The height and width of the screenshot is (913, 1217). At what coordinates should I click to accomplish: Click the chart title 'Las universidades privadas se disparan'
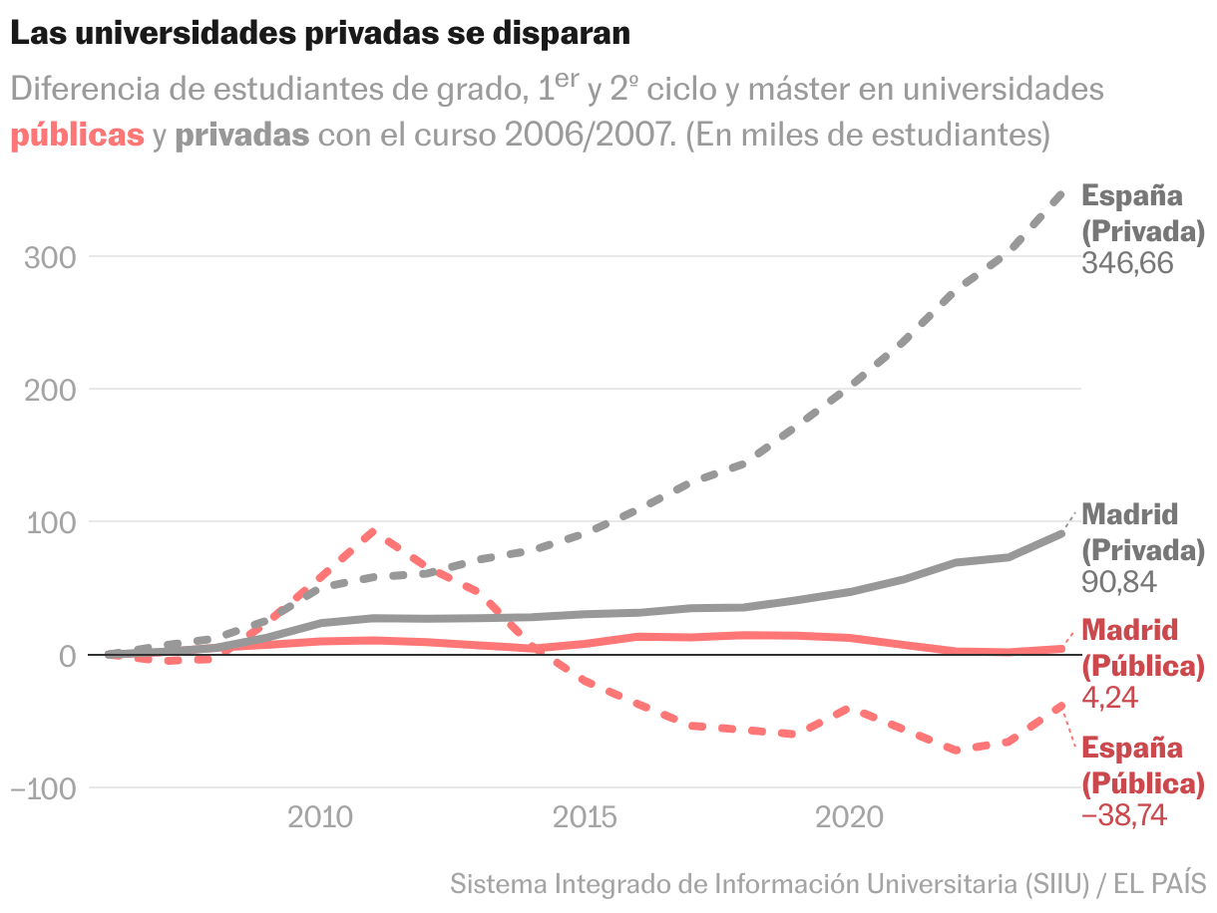[320, 33]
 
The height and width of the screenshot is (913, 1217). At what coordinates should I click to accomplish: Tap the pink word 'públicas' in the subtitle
[78, 136]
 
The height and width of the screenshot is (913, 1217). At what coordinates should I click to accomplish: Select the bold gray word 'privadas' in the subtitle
[241, 136]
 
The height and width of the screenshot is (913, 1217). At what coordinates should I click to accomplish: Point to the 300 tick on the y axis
[50, 257]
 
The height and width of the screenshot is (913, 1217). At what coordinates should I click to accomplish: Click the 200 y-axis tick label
[50, 390]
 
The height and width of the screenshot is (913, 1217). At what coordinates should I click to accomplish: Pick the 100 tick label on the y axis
[50, 522]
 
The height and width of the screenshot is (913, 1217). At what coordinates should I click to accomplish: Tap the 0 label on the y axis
[68, 655]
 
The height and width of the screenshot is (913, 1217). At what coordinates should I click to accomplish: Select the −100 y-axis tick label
[43, 787]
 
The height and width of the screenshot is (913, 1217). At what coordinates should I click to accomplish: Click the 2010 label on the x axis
[319, 818]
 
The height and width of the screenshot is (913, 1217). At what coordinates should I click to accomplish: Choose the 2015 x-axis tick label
[584, 818]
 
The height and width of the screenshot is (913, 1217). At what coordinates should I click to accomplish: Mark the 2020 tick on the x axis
[849, 818]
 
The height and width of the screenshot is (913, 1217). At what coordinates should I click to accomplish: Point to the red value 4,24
[1109, 698]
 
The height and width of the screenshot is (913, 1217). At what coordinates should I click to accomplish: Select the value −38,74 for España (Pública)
[1124, 815]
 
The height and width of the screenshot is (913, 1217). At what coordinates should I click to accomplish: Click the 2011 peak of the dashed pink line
[372, 532]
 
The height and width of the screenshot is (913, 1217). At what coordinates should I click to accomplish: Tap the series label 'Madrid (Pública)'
[1143, 648]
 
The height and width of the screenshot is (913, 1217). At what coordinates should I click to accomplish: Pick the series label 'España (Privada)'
[1143, 213]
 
